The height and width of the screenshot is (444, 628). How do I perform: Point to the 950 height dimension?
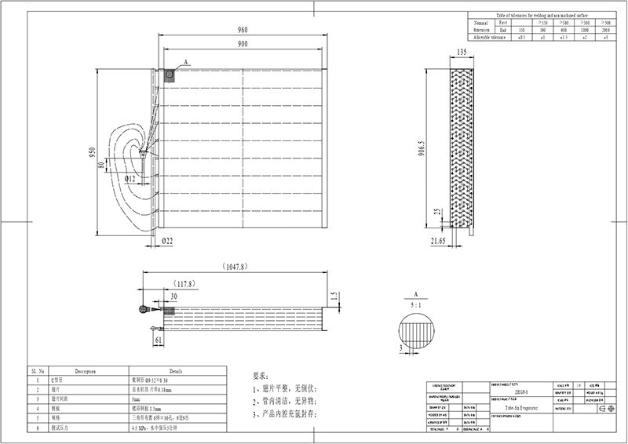tap(92, 151)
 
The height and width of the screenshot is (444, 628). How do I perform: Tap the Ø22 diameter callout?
tap(167, 242)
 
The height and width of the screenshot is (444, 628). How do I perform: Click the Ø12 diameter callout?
tap(130, 179)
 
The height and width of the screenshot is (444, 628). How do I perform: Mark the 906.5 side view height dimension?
tap(421, 149)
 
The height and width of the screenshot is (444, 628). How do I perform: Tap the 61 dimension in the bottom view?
tap(159, 340)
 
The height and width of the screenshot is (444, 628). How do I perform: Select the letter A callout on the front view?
tap(186, 61)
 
